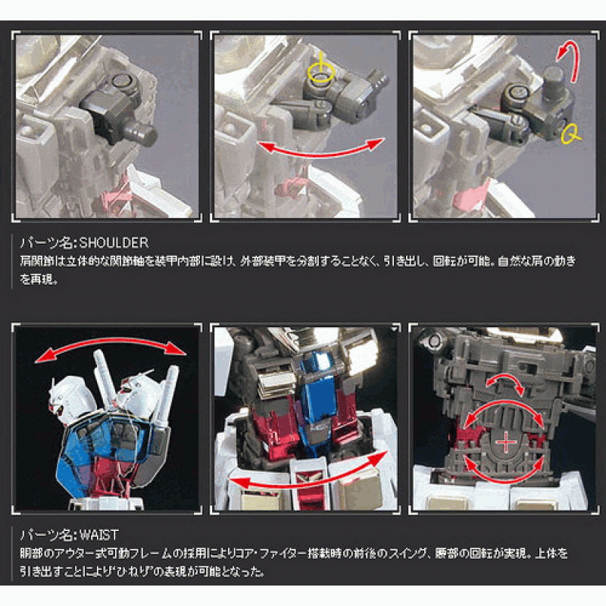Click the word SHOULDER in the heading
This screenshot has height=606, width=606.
click(114, 242)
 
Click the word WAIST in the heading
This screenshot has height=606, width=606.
click(98, 535)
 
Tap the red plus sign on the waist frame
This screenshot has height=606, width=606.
click(505, 442)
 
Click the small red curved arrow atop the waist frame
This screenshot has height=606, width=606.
click(504, 378)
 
